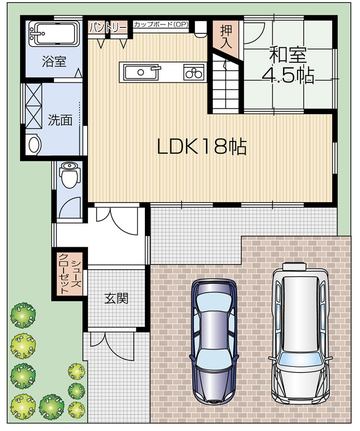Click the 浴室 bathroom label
tap(54, 61)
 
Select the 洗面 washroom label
tap(60, 120)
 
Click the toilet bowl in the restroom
tap(69, 176)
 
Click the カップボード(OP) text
tap(162, 25)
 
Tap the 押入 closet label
tap(225, 37)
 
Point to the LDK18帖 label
tap(202, 146)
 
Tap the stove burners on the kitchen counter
tap(194, 72)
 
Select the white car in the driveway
tap(300, 332)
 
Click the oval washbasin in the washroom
tap(34, 145)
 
